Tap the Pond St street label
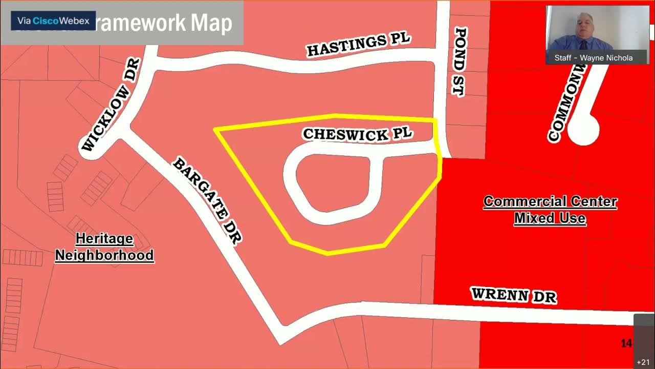pos(460,61)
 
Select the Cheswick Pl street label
pos(357,134)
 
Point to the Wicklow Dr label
pos(111,105)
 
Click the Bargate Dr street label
pos(207,200)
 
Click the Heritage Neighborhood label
pos(104,247)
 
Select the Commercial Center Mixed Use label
pos(550,210)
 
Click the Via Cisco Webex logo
pos(53,21)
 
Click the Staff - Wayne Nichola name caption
pos(593,58)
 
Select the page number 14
pos(626,343)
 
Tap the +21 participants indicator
pos(643,362)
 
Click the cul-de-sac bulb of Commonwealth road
pos(583,129)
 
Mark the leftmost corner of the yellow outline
pos(215,130)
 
